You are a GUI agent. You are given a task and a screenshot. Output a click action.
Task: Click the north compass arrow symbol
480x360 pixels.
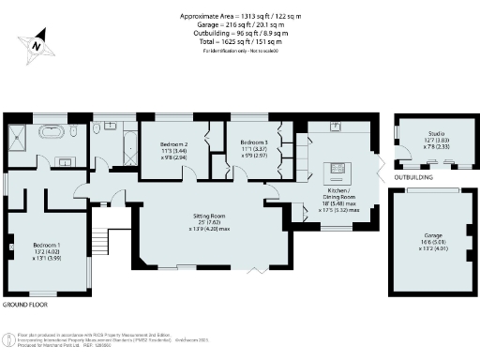point(36,44)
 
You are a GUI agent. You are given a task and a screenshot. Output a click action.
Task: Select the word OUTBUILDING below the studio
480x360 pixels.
point(413,176)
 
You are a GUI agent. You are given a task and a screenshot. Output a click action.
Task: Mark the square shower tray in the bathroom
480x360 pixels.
point(18,132)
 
